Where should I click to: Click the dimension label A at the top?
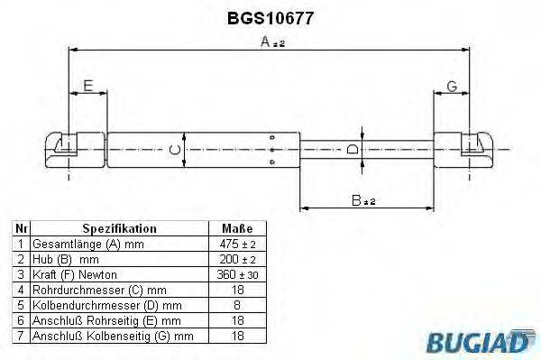[265, 42]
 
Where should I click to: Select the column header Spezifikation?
[119, 229]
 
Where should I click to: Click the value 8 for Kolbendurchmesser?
[236, 304]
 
